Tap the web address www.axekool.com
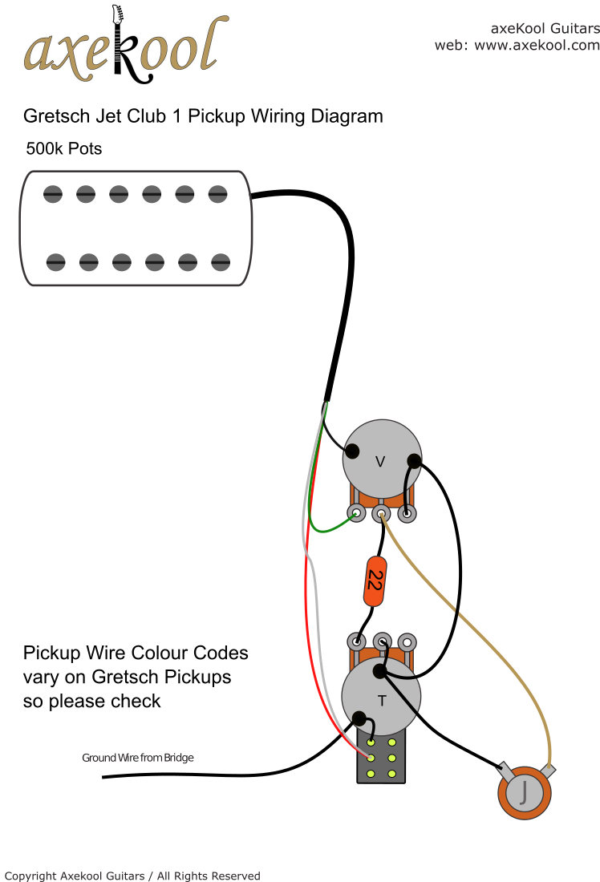(537, 46)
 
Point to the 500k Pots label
(64, 149)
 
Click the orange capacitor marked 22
(374, 581)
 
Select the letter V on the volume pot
(380, 462)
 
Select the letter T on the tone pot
(382, 701)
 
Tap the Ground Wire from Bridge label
(138, 758)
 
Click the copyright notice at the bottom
(132, 876)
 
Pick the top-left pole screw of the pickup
(53, 193)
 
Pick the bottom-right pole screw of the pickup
(221, 261)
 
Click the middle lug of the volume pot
(382, 513)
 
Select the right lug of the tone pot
(408, 641)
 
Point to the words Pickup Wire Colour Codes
(136, 653)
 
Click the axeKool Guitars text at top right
(545, 28)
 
